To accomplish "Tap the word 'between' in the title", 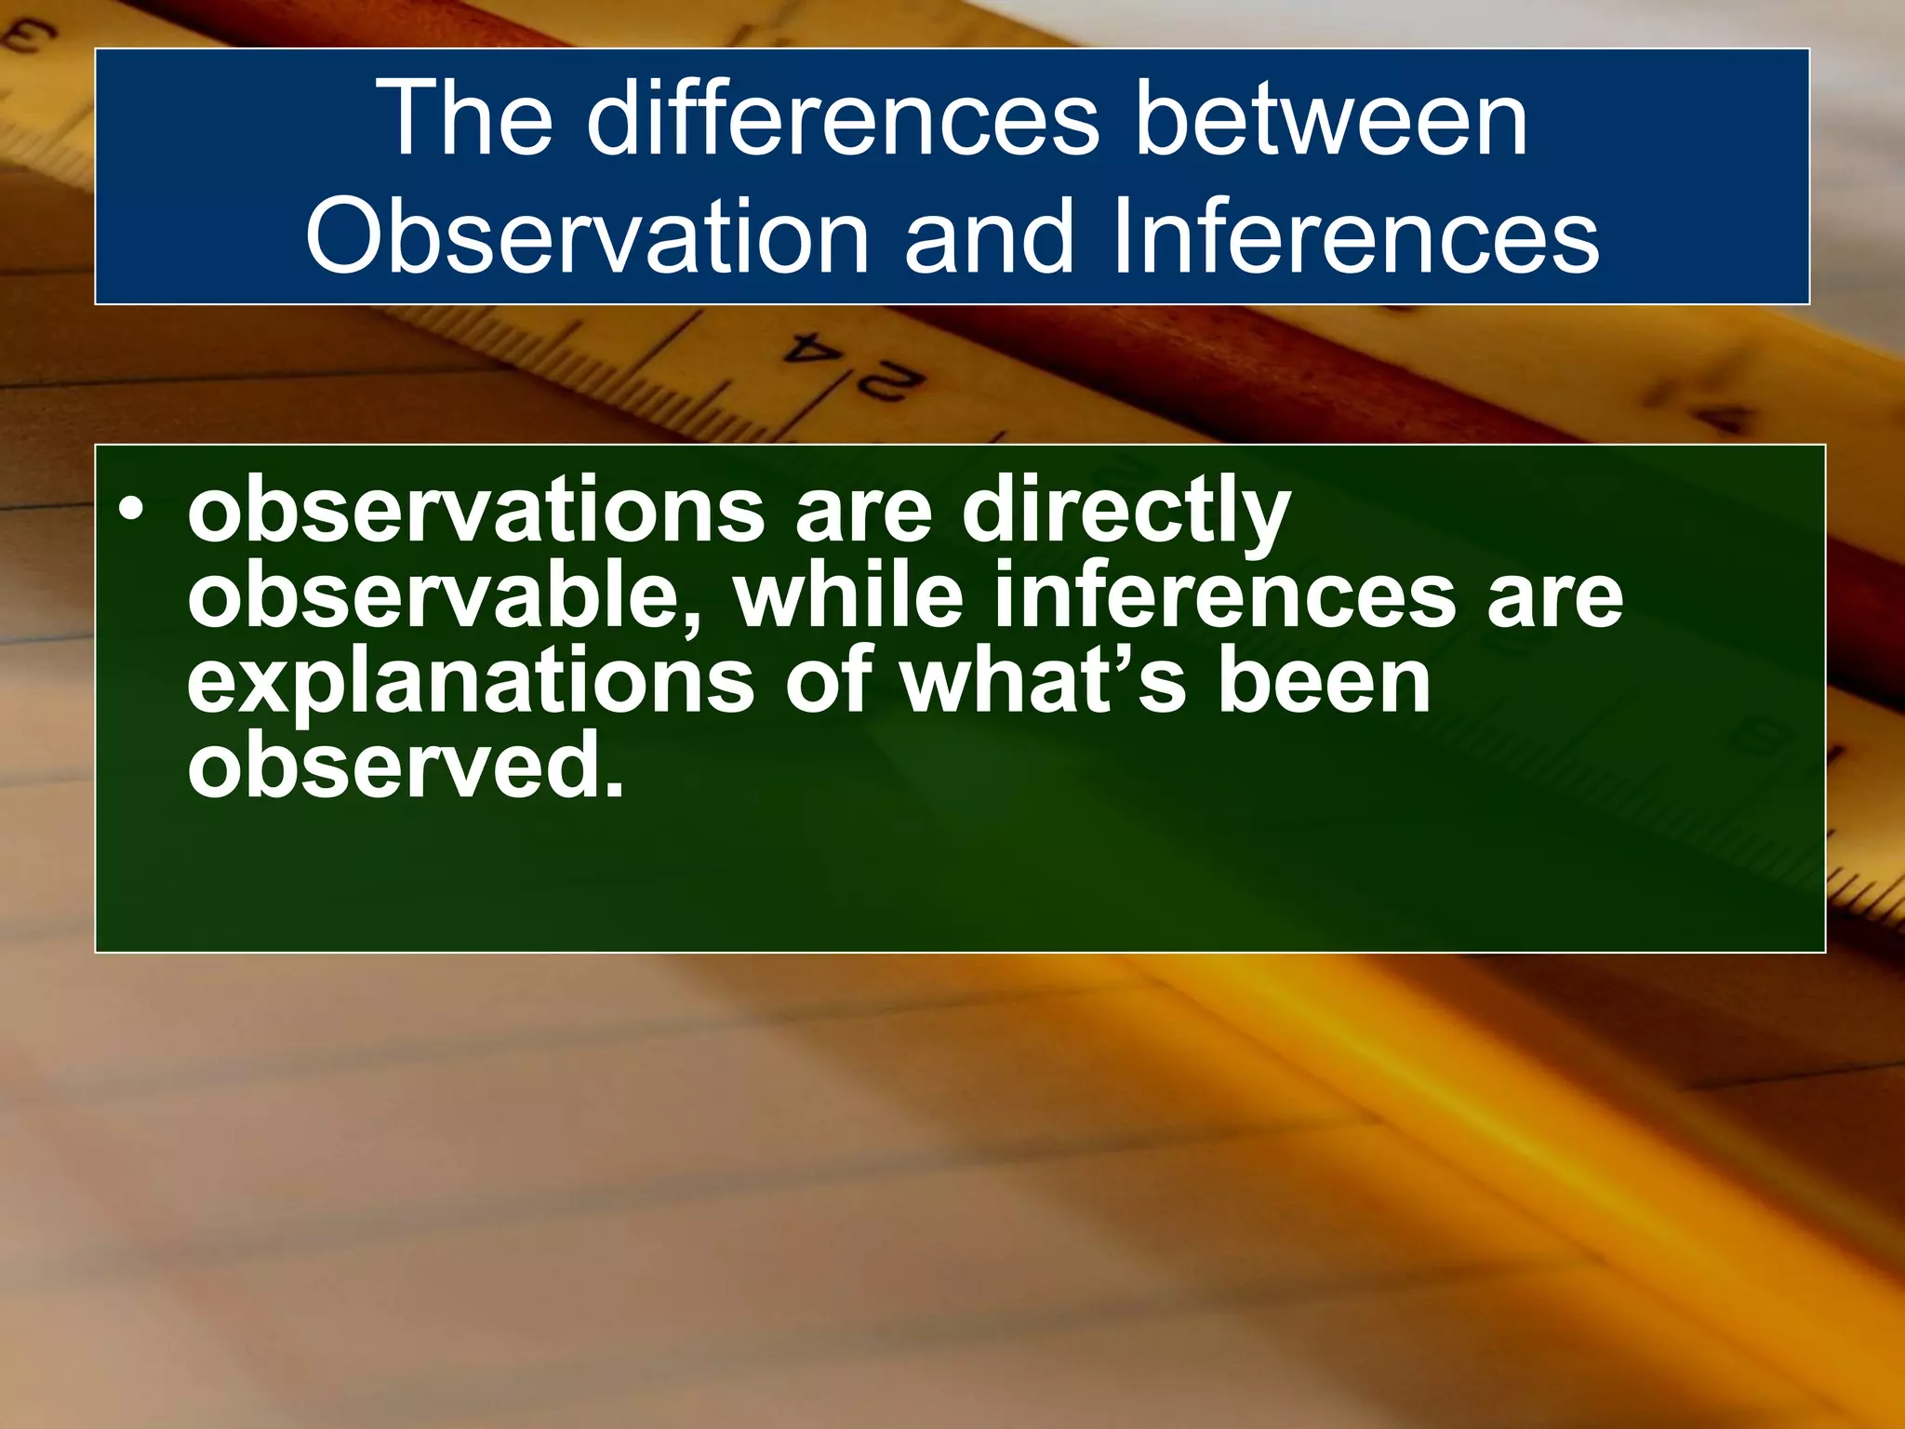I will point(1331,119).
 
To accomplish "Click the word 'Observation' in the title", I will point(587,236).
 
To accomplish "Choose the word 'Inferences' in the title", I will point(1354,236).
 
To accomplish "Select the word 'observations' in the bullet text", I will point(475,511).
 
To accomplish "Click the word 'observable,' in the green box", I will point(446,595).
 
